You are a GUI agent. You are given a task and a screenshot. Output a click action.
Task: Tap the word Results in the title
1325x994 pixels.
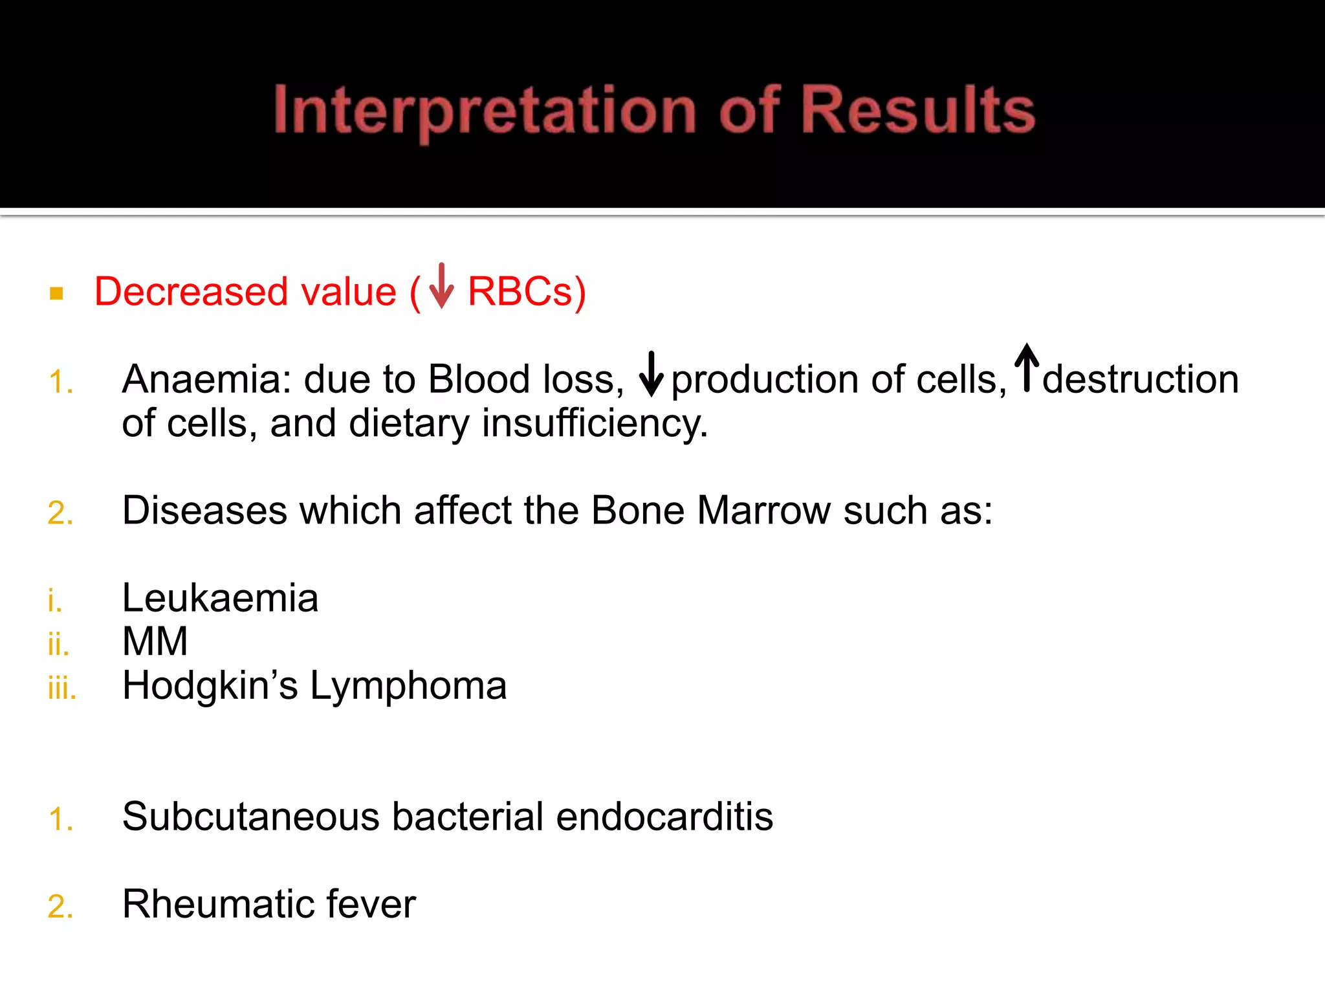coord(918,110)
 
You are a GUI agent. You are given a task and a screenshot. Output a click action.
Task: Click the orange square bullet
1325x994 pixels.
coord(56,294)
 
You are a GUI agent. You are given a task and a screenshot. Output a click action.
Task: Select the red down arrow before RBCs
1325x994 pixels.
coord(441,286)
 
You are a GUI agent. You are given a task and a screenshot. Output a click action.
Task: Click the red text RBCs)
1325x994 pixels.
coord(526,292)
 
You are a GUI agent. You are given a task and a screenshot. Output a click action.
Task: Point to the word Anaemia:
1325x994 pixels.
coord(206,379)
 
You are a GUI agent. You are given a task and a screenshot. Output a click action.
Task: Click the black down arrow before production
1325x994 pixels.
coord(651,374)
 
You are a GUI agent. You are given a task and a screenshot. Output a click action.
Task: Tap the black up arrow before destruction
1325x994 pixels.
coord(1026,368)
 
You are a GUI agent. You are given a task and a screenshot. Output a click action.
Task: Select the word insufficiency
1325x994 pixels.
coord(595,424)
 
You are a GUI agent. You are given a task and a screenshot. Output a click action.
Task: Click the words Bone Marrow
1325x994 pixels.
coord(710,511)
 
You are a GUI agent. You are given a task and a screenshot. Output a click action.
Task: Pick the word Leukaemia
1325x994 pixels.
coord(220,598)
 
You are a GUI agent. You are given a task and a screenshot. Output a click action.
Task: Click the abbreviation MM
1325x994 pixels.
coord(155,642)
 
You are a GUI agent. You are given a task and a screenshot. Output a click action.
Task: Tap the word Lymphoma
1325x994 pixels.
coord(408,686)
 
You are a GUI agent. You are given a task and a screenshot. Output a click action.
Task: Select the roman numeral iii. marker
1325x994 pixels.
coord(62,688)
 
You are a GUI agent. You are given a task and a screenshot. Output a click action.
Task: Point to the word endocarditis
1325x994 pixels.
coord(664,817)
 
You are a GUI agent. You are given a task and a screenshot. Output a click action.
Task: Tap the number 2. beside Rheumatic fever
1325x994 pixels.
coord(60,907)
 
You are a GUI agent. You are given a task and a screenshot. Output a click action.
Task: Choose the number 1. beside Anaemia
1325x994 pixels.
coord(60,382)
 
